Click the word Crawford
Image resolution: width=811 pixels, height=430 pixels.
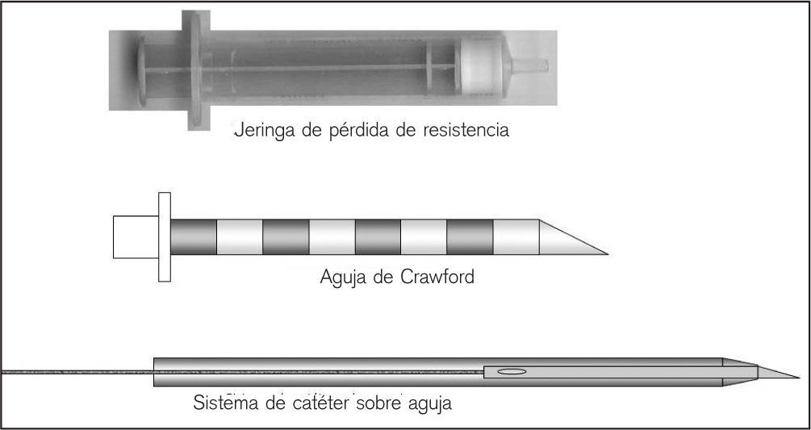click(x=440, y=279)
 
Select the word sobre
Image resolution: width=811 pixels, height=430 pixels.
click(x=379, y=402)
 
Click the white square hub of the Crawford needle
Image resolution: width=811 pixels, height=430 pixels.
click(x=136, y=238)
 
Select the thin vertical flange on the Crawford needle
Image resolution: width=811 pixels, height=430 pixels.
click(x=165, y=238)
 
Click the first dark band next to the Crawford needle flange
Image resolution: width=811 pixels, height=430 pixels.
click(x=194, y=238)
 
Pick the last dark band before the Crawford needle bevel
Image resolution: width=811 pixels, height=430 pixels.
click(x=470, y=238)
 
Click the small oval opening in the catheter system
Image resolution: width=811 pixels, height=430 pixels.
click(x=512, y=372)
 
